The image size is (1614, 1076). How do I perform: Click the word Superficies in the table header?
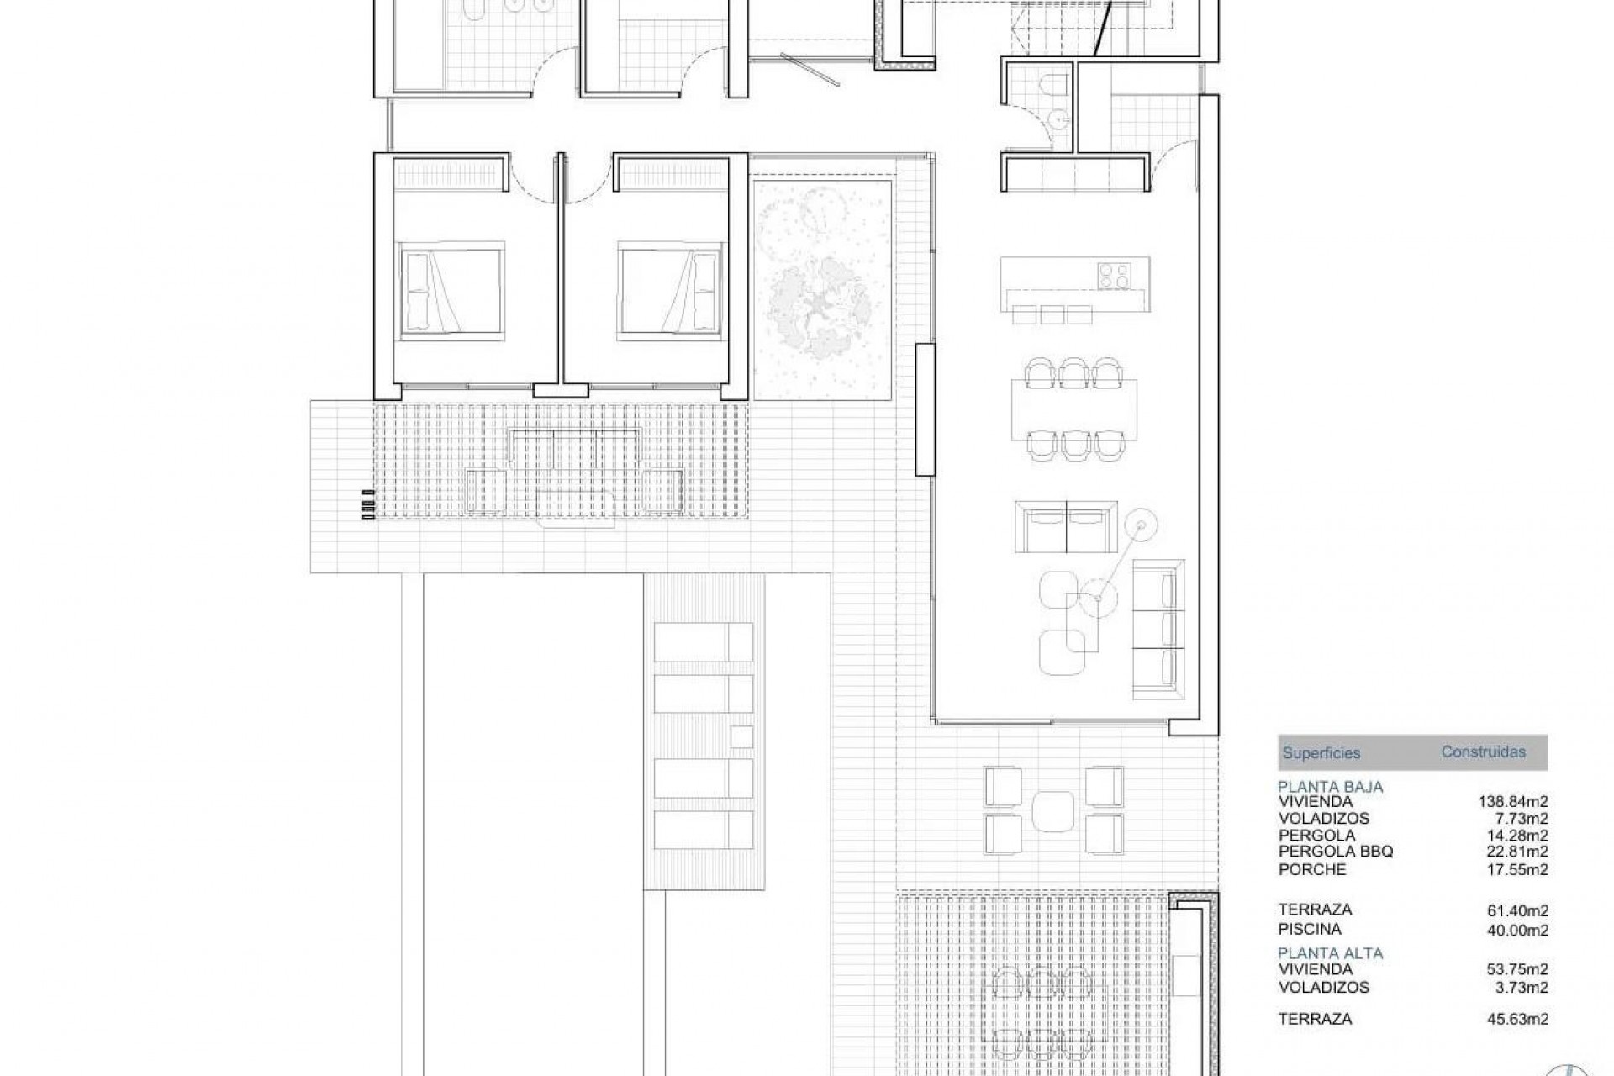pyautogui.click(x=1321, y=753)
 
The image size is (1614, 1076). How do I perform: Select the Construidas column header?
pyautogui.click(x=1483, y=752)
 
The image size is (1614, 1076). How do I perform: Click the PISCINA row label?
pyautogui.click(x=1310, y=929)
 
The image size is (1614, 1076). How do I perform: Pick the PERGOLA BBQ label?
pyautogui.click(x=1336, y=852)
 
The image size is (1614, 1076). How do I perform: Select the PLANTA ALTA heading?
pyautogui.click(x=1330, y=953)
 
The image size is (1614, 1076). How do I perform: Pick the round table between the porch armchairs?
pyautogui.click(x=1052, y=810)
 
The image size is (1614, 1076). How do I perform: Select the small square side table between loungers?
pyautogui.click(x=741, y=736)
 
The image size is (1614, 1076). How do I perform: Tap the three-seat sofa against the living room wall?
pyautogui.click(x=1158, y=629)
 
